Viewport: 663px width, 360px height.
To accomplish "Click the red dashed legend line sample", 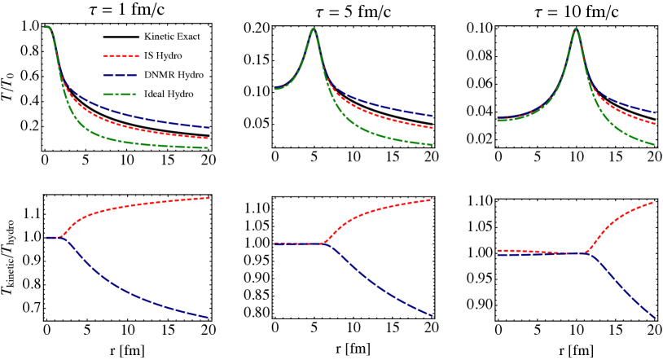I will [121, 56].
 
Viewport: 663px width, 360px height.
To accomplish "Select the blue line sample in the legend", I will [121, 75].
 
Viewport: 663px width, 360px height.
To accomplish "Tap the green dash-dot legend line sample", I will [121, 94].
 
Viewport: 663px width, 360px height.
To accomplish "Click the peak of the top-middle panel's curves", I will [314, 29].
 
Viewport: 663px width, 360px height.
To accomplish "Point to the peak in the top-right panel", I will [576, 29].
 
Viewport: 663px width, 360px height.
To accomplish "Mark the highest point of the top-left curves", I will [46, 27].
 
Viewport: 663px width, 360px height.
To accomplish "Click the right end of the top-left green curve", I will [209, 148].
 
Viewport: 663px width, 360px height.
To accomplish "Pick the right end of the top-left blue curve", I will [209, 128].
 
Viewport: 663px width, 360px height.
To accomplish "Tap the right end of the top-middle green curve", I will [432, 145].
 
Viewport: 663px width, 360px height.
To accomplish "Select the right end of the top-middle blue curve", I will [432, 116].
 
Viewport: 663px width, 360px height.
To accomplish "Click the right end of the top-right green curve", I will [654, 145].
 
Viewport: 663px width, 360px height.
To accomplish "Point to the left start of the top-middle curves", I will [274, 89].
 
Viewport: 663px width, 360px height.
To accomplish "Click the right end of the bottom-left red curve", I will [209, 198].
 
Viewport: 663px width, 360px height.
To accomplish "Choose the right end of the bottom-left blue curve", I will [209, 318].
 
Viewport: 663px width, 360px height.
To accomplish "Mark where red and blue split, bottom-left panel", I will [60, 237].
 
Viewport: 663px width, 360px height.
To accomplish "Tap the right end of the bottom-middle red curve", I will [431, 200].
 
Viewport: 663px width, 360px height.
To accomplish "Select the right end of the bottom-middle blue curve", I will [432, 315].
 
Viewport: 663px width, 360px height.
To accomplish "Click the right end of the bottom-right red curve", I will [653, 202].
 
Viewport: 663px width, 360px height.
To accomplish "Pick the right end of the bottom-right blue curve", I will [655, 318].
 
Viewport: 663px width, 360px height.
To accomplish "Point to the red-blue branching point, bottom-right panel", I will [588, 253].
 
